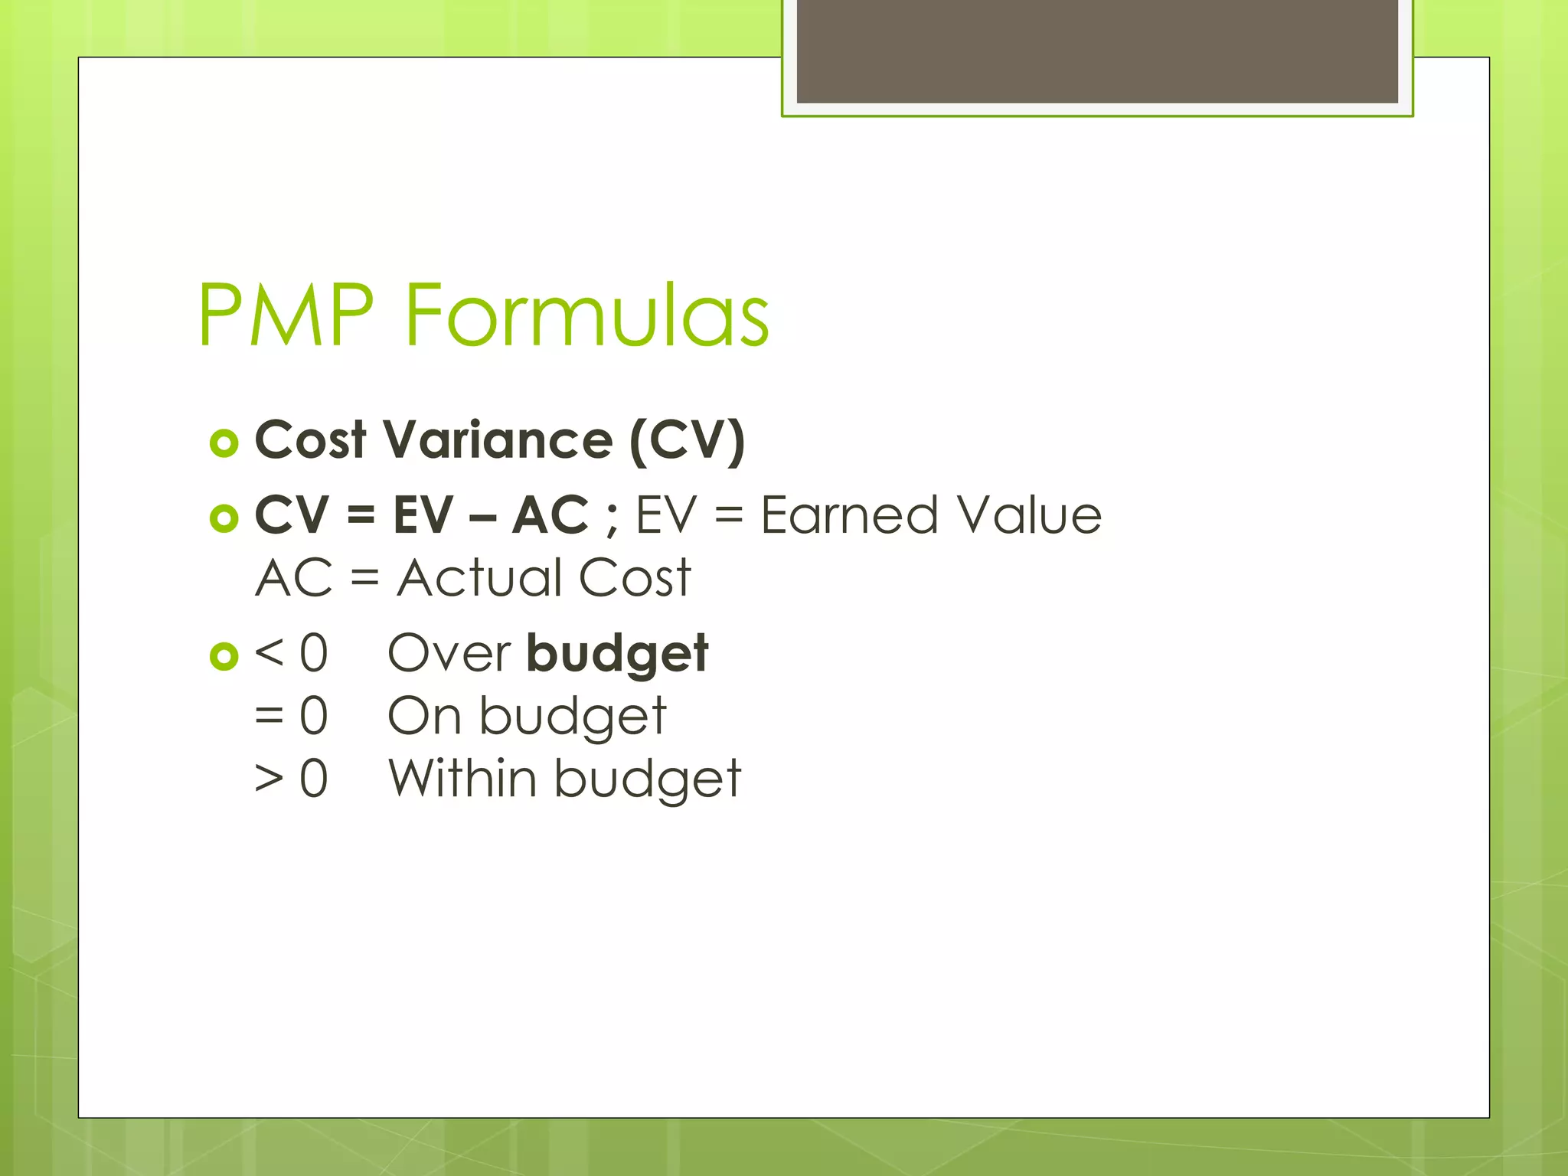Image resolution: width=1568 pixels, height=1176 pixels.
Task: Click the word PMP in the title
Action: coord(285,315)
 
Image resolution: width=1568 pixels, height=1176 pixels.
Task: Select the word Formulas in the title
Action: coord(586,315)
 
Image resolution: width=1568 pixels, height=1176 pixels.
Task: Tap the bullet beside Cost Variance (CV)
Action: coord(224,443)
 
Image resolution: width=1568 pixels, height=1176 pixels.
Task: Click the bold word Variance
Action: coord(498,440)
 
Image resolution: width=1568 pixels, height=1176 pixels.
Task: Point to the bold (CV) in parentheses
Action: coord(687,442)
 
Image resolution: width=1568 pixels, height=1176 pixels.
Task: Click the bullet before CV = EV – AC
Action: coord(224,518)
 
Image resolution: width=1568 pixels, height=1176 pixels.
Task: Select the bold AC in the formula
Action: coord(550,514)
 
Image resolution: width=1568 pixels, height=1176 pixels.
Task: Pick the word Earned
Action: coord(849,514)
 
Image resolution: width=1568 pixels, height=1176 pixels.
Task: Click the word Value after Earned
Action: coord(1030,514)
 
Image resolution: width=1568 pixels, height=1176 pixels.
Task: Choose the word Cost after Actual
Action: coord(635,577)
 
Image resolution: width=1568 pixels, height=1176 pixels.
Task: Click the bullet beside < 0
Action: coord(224,656)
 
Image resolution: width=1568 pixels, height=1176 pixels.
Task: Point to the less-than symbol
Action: coord(269,653)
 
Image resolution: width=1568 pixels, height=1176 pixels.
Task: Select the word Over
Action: coord(449,653)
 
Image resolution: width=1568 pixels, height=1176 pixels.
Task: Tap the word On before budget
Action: coord(424,717)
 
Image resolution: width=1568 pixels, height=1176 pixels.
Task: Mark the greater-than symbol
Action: coord(269,779)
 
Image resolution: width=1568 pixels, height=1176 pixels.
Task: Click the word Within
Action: coord(462,778)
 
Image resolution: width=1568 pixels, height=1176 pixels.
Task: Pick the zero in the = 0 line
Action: coord(314,717)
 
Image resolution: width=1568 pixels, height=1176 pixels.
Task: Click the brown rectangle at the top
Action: coord(1097,51)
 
